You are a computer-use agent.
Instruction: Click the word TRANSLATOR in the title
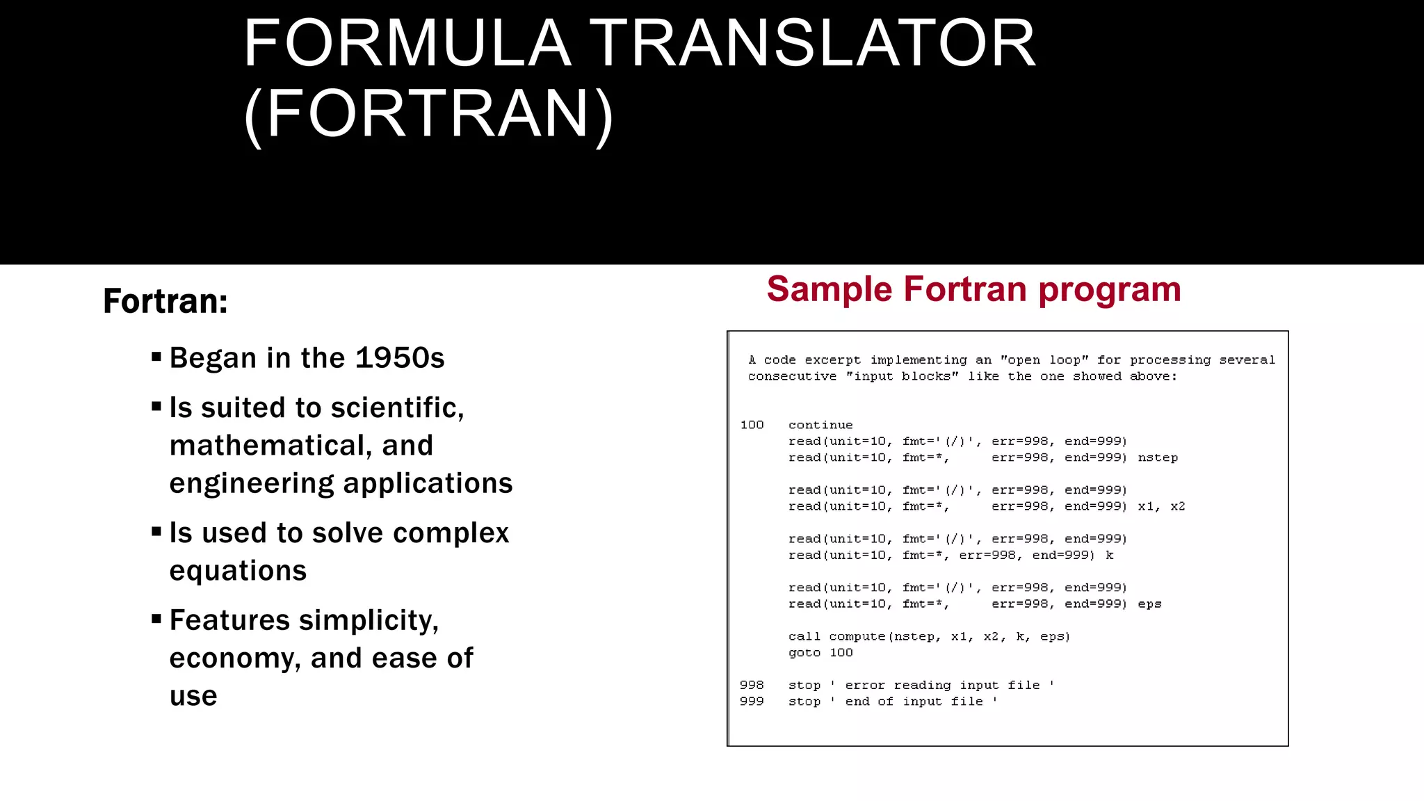(x=813, y=44)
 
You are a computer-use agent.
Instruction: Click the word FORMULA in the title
(x=407, y=44)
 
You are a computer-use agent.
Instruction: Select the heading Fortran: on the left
(x=165, y=301)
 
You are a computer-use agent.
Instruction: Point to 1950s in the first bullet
(x=400, y=358)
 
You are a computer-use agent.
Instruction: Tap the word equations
(x=238, y=571)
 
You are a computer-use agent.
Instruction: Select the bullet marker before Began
(x=156, y=357)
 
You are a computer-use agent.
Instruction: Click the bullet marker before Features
(x=156, y=619)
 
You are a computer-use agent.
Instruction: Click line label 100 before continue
(x=752, y=425)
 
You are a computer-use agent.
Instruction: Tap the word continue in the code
(x=820, y=425)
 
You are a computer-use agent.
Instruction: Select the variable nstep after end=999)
(x=1158, y=458)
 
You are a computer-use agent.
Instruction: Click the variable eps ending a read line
(x=1149, y=604)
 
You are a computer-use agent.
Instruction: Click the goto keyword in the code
(x=804, y=653)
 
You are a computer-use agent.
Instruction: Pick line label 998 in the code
(x=752, y=685)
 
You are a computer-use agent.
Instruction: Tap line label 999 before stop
(x=752, y=702)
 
